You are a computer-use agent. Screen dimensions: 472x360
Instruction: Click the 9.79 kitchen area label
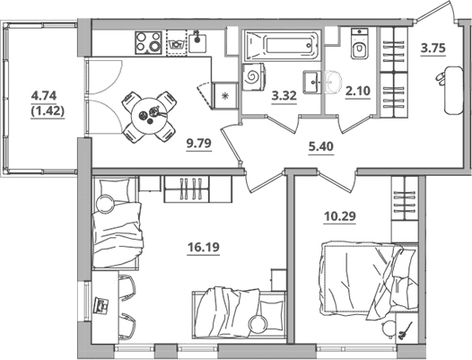pos(199,143)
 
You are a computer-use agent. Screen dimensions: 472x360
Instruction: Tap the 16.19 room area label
pos(204,247)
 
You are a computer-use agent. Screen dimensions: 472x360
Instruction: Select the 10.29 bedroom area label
pos(340,216)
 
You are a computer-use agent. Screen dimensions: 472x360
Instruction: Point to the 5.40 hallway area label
pos(321,146)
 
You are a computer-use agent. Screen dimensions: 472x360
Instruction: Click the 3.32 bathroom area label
pos(284,96)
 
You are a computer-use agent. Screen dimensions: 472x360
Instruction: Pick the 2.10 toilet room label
pos(358,91)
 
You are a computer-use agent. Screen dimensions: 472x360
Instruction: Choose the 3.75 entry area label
pos(433,48)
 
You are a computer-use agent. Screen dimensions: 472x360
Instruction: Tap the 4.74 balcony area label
pos(44,96)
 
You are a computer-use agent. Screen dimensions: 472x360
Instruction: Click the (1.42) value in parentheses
pos(48,111)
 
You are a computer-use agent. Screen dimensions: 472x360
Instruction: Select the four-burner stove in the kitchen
pos(148,43)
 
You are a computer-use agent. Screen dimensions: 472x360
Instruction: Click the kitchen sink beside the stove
pos(197,43)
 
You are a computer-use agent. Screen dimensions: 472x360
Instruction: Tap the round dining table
pos(149,117)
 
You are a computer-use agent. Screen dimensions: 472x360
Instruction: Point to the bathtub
pos(282,46)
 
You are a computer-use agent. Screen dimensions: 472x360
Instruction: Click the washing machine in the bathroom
pos(254,77)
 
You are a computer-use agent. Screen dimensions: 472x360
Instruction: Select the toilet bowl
pos(360,44)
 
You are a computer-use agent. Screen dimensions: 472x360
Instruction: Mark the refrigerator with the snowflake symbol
pos(224,96)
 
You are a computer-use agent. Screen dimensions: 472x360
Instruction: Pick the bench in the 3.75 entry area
pos(454,90)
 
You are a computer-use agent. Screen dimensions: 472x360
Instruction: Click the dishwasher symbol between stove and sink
pos(177,43)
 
